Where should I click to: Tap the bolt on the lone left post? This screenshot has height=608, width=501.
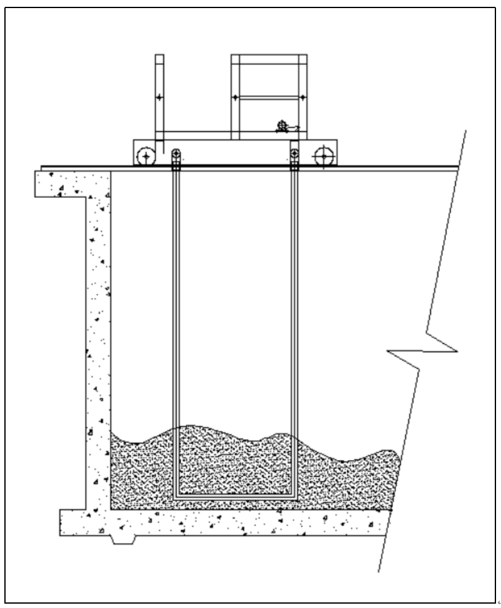pyautogui.click(x=159, y=97)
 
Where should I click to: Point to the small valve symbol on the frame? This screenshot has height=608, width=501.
pyautogui.click(x=283, y=127)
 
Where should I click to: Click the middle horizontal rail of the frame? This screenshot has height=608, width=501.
pyautogui.click(x=269, y=97)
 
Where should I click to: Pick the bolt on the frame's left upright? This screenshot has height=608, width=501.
pyautogui.click(x=235, y=97)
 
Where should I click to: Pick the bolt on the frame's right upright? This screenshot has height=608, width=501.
pyautogui.click(x=303, y=97)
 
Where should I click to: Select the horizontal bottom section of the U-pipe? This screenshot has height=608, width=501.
pyautogui.click(x=235, y=495)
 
